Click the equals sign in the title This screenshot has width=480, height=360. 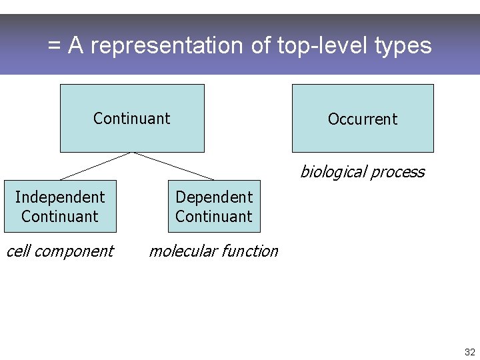click(55, 46)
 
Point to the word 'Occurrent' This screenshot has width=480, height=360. click(363, 119)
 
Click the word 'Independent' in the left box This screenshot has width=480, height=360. click(60, 197)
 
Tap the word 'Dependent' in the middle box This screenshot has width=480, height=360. click(214, 197)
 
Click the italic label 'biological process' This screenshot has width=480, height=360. click(362, 172)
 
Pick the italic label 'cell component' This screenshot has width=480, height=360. click(59, 251)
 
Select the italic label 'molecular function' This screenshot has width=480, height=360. click(213, 251)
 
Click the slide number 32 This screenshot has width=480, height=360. click(469, 352)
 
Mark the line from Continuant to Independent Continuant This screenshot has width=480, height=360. click(96, 166)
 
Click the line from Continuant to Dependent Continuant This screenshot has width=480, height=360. click(174, 166)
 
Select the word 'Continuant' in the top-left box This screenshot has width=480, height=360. click(132, 119)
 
